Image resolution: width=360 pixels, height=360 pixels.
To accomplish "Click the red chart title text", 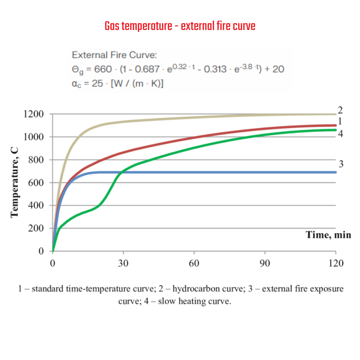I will pyautogui.click(x=180, y=26).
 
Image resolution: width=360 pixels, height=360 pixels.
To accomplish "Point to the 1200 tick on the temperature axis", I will pyautogui.click(x=34, y=114).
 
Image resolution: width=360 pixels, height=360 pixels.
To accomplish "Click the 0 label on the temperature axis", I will pyautogui.click(x=41, y=251).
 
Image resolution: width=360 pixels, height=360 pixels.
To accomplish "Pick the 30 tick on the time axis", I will pyautogui.click(x=123, y=263).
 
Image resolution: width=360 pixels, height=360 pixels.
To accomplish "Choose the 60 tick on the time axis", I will pyautogui.click(x=194, y=263).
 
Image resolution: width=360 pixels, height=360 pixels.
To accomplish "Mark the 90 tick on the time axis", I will pyautogui.click(x=265, y=263).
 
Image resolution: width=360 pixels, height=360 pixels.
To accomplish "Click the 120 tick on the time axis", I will pyautogui.click(x=336, y=263).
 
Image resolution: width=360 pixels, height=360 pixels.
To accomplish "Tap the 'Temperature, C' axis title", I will pyautogui.click(x=14, y=182).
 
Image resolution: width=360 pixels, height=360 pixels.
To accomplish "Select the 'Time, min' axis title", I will pyautogui.click(x=328, y=235).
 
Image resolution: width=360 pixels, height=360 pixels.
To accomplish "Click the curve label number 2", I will pyautogui.click(x=340, y=110).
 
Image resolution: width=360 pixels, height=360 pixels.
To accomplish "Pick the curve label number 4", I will pyautogui.click(x=340, y=134).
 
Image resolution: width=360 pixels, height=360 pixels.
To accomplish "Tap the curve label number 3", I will pyautogui.click(x=341, y=164).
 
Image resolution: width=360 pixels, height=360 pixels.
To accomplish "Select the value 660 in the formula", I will pyautogui.click(x=103, y=69).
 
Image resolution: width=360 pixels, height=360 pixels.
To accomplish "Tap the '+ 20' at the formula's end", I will pyautogui.click(x=275, y=69).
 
